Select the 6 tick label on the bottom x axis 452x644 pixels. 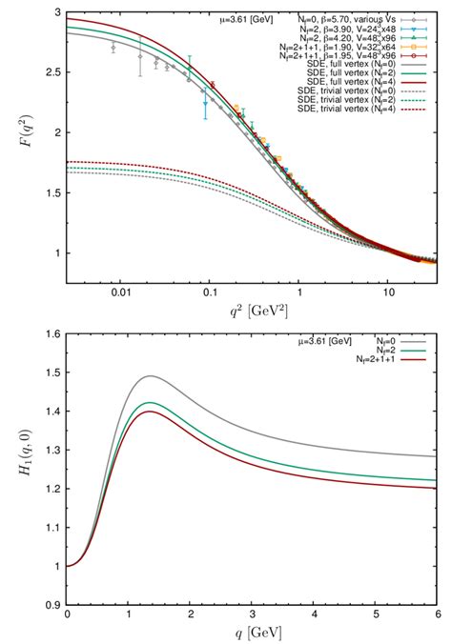coord(437,616)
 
